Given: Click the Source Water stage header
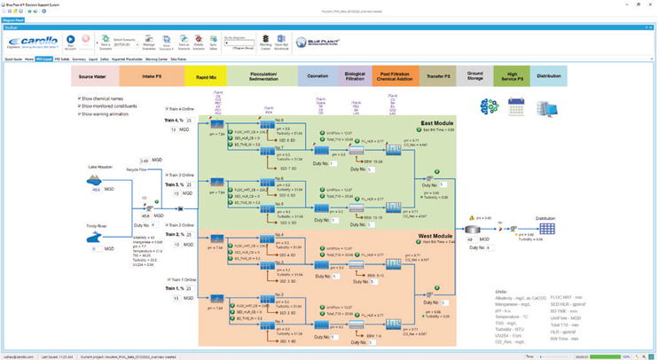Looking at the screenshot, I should point(99,77).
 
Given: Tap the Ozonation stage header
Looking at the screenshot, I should point(317,77).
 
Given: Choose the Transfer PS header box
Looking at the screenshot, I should point(437,77).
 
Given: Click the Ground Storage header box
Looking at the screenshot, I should point(475,77).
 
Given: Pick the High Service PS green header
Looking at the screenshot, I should point(513,77).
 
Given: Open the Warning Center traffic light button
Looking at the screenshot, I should point(265,41).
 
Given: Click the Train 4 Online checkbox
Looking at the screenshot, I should point(167,111).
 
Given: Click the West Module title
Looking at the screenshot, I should point(436,237).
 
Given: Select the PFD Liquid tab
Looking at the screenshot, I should point(43,59).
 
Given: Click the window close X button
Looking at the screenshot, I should point(650,4).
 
